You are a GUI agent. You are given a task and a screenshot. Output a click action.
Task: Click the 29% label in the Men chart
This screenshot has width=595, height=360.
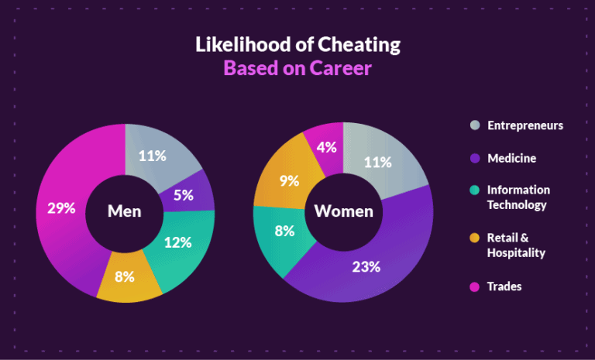pyautogui.click(x=61, y=208)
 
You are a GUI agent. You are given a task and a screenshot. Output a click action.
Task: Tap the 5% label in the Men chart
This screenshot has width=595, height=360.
pyautogui.click(x=184, y=196)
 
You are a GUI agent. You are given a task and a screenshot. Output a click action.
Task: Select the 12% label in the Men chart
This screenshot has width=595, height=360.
pyautogui.click(x=177, y=242)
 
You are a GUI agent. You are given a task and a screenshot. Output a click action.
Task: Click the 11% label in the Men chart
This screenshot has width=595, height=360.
pyautogui.click(x=153, y=156)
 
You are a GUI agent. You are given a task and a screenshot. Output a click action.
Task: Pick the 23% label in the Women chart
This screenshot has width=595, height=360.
pyautogui.click(x=366, y=267)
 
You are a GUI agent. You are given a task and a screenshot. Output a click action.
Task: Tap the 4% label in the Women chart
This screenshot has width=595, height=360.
pyautogui.click(x=327, y=146)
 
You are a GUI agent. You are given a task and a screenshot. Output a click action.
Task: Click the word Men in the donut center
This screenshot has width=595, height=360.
pyautogui.click(x=124, y=211)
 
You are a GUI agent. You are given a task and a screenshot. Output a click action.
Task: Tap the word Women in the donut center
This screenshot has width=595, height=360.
pyautogui.click(x=343, y=211)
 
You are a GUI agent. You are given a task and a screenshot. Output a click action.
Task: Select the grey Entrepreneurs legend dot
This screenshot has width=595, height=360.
pyautogui.click(x=474, y=125)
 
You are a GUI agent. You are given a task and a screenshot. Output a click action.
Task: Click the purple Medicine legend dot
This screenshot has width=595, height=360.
pyautogui.click(x=474, y=158)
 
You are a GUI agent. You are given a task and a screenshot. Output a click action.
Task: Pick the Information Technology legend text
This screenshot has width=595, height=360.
pyautogui.click(x=518, y=197)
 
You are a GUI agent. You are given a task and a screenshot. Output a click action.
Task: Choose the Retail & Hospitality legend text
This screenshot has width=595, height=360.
pyautogui.click(x=516, y=245)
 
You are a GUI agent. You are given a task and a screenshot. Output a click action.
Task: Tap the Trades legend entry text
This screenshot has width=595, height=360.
pyautogui.click(x=504, y=286)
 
